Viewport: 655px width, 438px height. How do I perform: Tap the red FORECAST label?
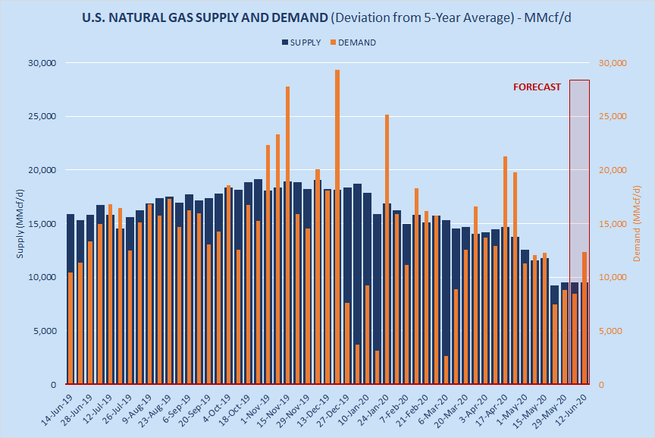tap(537, 87)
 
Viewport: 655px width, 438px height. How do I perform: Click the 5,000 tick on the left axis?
tap(44, 331)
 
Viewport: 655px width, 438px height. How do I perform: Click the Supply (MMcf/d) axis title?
tap(20, 224)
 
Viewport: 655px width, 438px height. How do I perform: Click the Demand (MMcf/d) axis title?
tap(636, 224)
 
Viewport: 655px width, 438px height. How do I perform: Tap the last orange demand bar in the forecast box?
tap(584, 319)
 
